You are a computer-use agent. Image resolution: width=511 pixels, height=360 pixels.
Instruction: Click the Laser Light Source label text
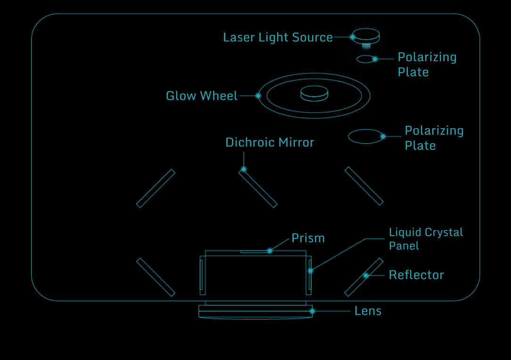pyautogui.click(x=278, y=38)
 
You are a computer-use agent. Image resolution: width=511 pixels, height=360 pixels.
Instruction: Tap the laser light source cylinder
pyautogui.click(x=366, y=36)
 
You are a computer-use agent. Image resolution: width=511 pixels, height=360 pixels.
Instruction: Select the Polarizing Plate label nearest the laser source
pyautogui.click(x=427, y=65)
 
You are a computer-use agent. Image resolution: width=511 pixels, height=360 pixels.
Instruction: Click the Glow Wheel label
pyautogui.click(x=201, y=96)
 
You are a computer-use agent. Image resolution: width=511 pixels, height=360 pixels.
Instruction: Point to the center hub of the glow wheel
pyautogui.click(x=314, y=93)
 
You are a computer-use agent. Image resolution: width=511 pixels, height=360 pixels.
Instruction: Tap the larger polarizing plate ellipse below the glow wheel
pyautogui.click(x=365, y=137)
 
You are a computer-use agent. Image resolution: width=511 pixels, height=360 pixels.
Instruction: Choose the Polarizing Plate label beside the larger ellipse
pyautogui.click(x=434, y=138)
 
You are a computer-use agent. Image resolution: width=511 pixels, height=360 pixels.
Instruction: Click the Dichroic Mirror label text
pyautogui.click(x=270, y=142)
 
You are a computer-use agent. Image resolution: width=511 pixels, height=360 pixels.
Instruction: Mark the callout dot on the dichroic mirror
pyautogui.click(x=244, y=169)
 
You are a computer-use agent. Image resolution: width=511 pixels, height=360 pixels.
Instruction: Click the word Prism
pyautogui.click(x=308, y=238)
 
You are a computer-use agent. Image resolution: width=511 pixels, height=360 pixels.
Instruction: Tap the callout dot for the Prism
pyautogui.click(x=270, y=251)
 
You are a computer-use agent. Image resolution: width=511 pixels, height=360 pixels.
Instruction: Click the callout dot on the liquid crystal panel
pyautogui.click(x=310, y=271)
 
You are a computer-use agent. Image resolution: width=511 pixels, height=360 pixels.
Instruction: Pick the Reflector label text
pyautogui.click(x=416, y=275)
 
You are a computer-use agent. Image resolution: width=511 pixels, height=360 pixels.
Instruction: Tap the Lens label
pyautogui.click(x=368, y=311)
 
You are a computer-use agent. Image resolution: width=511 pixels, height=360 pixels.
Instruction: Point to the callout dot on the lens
pyautogui.click(x=312, y=311)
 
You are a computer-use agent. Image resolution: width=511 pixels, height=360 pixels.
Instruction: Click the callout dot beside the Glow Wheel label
pyautogui.click(x=258, y=96)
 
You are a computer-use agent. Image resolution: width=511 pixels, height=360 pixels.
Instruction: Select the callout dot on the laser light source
pyautogui.click(x=352, y=37)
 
